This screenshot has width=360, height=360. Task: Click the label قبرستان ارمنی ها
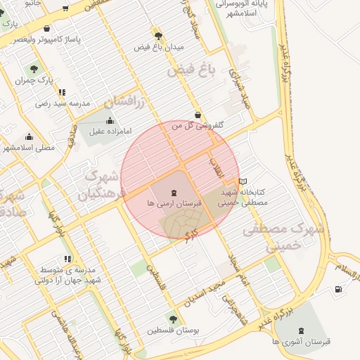pyautogui.click(x=174, y=202)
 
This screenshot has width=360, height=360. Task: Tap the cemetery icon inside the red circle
pyautogui.click(x=174, y=191)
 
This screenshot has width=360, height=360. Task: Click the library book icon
pyautogui.click(x=243, y=181)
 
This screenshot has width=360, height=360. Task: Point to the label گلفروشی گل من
pyautogui.click(x=199, y=125)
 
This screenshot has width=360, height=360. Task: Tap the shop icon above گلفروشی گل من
pyautogui.click(x=198, y=115)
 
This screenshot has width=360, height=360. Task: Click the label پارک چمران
pyautogui.click(x=35, y=80)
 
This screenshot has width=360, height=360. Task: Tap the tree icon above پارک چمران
pyautogui.click(x=34, y=69)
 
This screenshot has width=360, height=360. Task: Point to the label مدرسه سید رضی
pyautogui.click(x=63, y=103)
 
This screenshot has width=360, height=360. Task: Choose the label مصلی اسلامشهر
pyautogui.click(x=29, y=148)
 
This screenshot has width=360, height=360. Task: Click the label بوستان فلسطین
pyautogui.click(x=172, y=330)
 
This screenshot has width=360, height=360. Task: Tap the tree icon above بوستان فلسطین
pyautogui.click(x=172, y=319)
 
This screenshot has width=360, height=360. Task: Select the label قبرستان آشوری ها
pyautogui.click(x=303, y=341)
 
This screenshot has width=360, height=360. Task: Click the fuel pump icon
pyautogui.click(x=340, y=288)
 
